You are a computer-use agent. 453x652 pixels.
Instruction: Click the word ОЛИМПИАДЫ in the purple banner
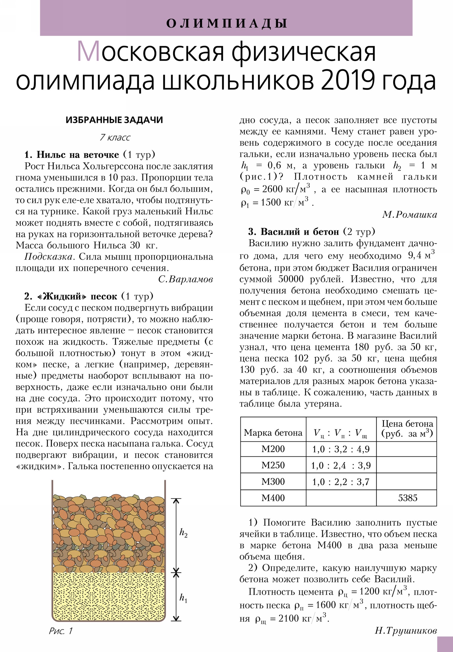pyautogui.click(x=226, y=23)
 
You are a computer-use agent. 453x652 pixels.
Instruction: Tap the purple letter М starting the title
pyautogui.click(x=89, y=52)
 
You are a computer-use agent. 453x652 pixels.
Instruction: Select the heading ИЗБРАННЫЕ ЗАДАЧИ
pyautogui.click(x=114, y=120)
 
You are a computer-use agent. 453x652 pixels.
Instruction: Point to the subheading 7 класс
pyautogui.click(x=115, y=137)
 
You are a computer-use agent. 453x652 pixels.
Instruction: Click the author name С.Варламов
pyautogui.click(x=185, y=280)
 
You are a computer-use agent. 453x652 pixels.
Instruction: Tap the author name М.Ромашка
pyautogui.click(x=410, y=214)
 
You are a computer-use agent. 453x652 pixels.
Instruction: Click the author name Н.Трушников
pyautogui.click(x=406, y=631)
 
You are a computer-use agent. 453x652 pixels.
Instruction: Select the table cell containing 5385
pyautogui.click(x=408, y=498)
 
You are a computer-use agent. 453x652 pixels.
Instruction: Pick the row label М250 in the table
pyautogui.click(x=273, y=465)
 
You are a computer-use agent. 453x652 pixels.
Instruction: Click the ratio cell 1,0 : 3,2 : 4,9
pyautogui.click(x=341, y=449)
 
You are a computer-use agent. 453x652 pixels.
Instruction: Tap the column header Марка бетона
pyautogui.click(x=273, y=433)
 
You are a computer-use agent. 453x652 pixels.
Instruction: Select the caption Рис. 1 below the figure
pyautogui.click(x=61, y=631)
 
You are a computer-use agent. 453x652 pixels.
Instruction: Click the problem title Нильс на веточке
pyautogui.click(x=78, y=155)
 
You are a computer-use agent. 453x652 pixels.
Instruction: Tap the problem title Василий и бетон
pyautogui.click(x=300, y=232)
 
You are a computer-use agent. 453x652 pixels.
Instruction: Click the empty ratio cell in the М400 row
pyautogui.click(x=341, y=498)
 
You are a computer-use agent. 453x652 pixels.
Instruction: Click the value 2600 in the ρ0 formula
pyautogui.click(x=272, y=189)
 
